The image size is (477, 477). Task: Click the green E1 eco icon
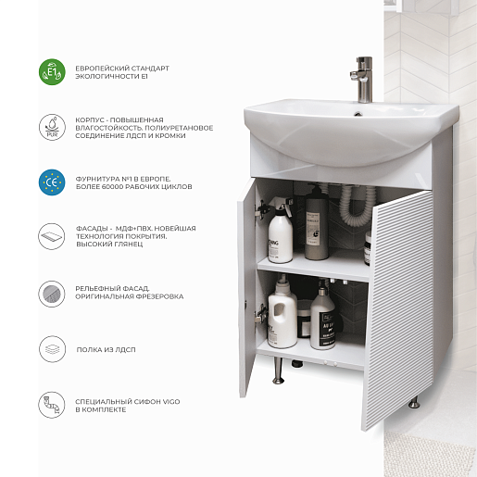point(52,72)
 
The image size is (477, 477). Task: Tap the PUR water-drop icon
point(52,127)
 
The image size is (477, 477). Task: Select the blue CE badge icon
point(52,182)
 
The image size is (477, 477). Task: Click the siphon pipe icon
point(52,405)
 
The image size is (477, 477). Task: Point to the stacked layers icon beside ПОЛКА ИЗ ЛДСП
point(52,349)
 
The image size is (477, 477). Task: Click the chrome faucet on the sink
point(362,80)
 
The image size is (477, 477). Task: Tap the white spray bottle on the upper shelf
point(280,230)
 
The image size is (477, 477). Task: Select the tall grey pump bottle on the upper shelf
point(317,221)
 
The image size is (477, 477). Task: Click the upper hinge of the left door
point(261,208)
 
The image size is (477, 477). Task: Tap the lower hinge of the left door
point(261,313)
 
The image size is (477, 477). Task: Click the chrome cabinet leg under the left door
point(278,370)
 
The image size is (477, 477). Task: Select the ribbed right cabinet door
point(397,309)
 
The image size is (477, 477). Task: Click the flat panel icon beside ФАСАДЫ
point(52,237)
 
